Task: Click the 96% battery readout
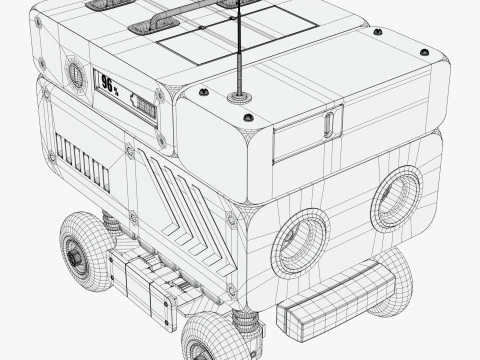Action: click(x=109, y=86)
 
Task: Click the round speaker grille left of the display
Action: click(x=75, y=72)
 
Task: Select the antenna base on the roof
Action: click(x=239, y=98)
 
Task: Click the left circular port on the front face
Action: click(x=299, y=242)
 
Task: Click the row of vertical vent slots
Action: click(x=83, y=164)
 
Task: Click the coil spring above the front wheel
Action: click(x=244, y=318)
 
